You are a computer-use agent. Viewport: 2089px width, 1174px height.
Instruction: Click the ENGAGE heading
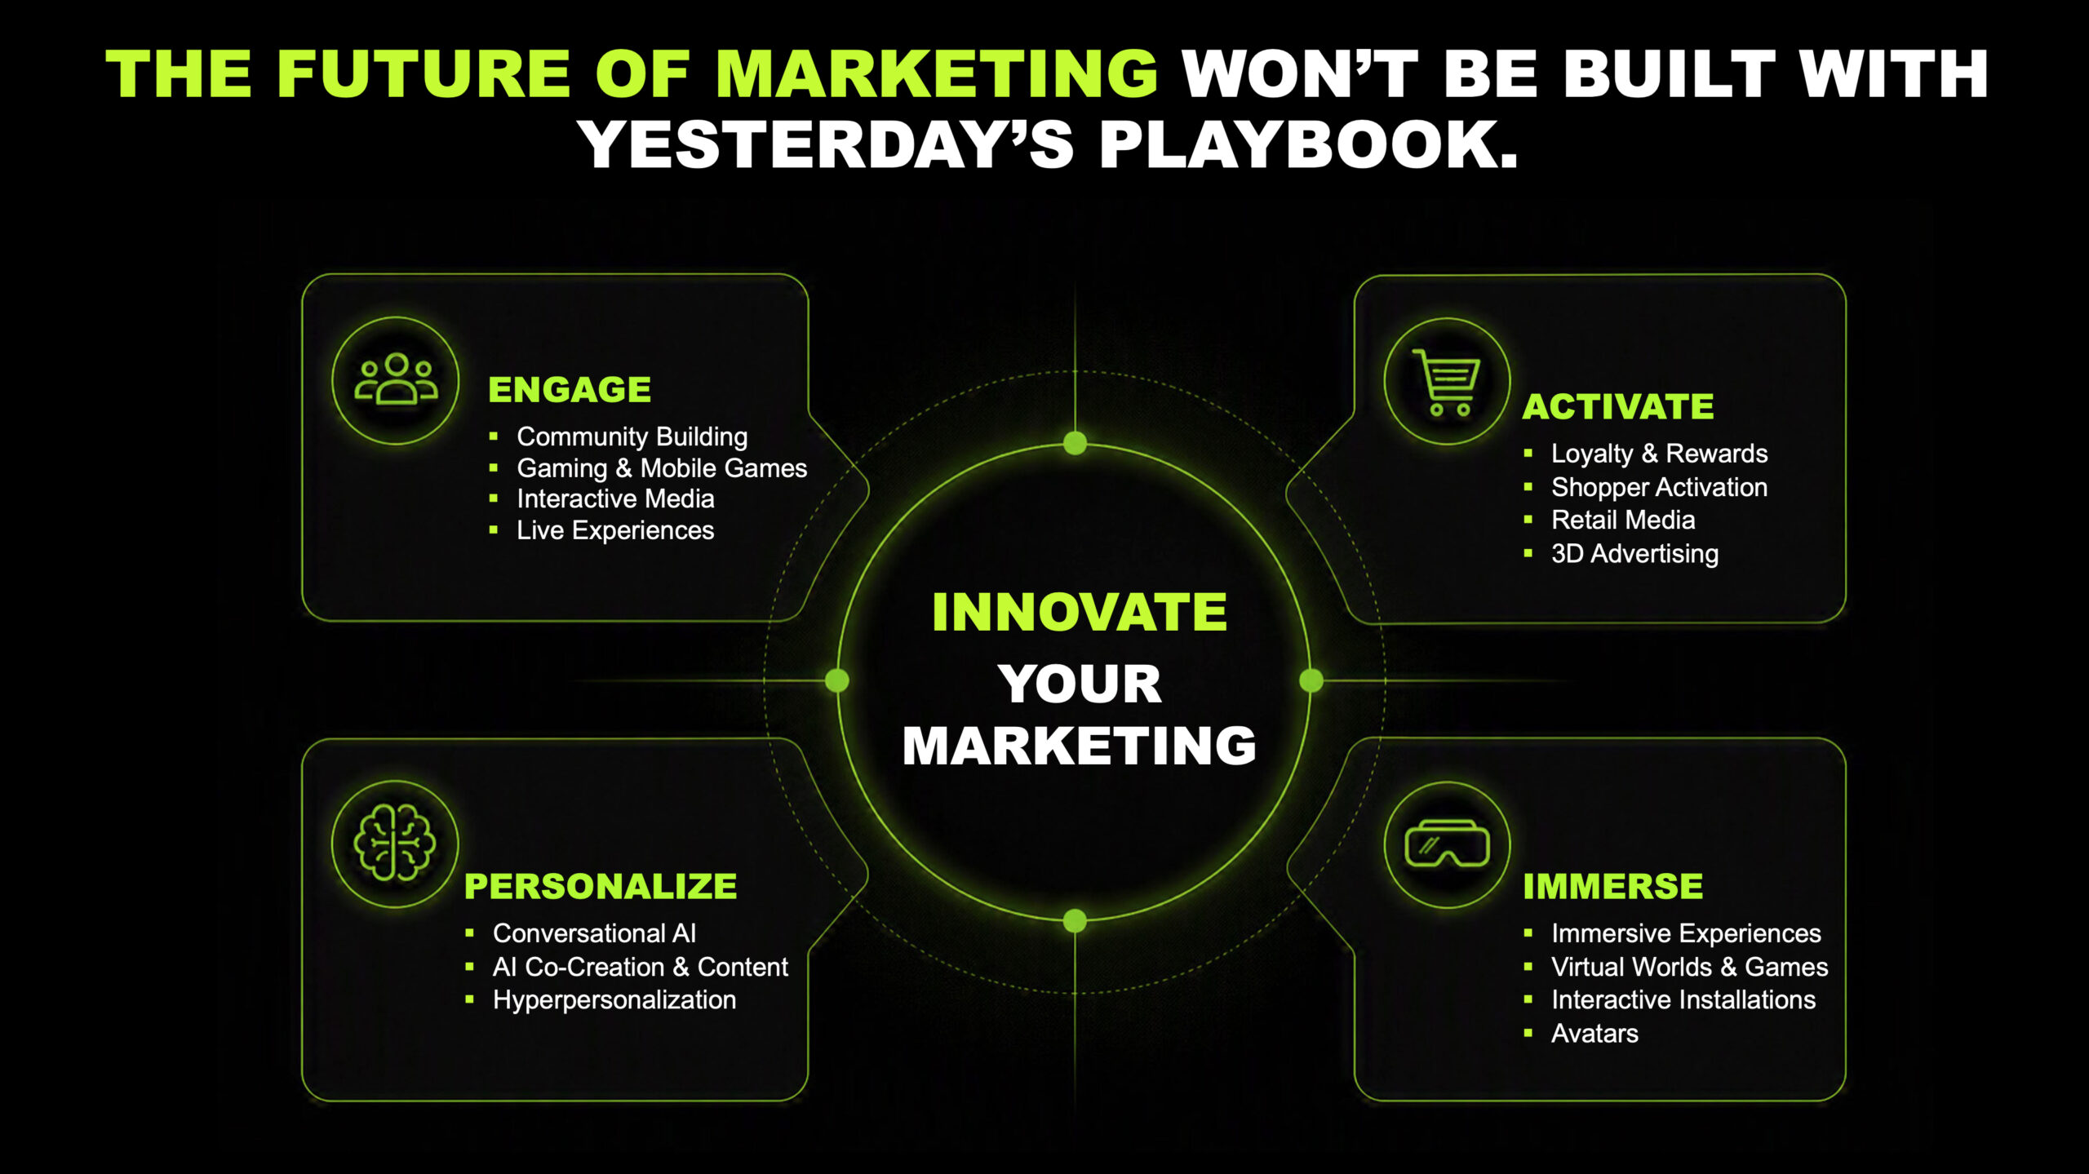click(570, 389)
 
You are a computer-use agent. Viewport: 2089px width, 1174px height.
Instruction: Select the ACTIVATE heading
click(1618, 406)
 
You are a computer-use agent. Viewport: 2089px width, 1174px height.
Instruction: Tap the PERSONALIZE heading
click(601, 886)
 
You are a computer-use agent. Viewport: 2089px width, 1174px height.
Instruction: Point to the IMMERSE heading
click(1613, 886)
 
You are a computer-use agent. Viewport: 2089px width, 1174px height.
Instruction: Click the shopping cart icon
click(1447, 382)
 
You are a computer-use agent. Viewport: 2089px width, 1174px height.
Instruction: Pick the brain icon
click(395, 843)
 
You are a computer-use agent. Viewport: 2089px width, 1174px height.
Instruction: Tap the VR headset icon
click(1447, 844)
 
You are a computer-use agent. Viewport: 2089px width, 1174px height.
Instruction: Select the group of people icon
click(396, 379)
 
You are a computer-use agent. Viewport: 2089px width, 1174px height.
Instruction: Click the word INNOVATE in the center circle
click(1080, 612)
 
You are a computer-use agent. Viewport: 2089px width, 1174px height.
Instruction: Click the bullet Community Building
click(632, 436)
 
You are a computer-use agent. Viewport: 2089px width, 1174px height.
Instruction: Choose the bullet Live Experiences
click(615, 530)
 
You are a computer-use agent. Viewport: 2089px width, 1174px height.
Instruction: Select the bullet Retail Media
click(1623, 520)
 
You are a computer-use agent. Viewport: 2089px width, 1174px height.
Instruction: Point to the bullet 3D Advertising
click(1634, 553)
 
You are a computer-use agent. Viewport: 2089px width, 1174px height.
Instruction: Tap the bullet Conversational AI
click(594, 933)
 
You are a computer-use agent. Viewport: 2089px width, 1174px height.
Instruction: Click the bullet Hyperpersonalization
click(614, 999)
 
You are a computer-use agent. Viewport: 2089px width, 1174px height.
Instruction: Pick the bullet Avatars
click(1594, 1033)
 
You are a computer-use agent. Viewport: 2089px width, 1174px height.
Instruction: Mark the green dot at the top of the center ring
click(1076, 443)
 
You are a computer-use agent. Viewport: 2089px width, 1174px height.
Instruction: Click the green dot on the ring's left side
click(837, 680)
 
